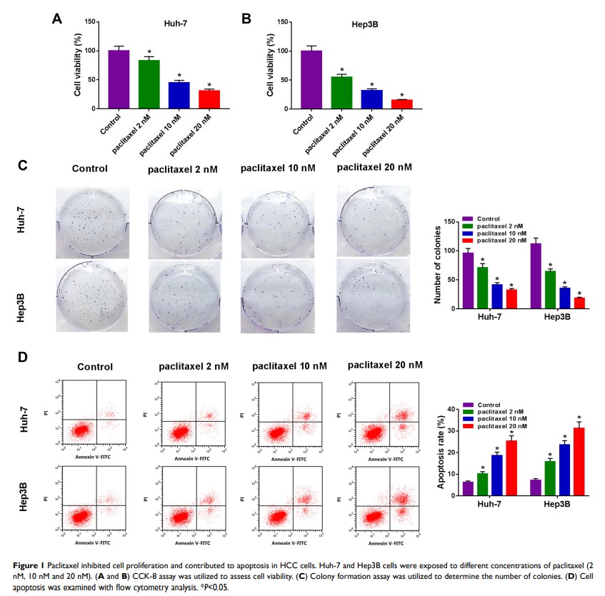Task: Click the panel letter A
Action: click(57, 19)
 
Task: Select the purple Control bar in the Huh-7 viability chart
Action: click(119, 79)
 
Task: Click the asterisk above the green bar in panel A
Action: click(149, 52)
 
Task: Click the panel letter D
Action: click(22, 356)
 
